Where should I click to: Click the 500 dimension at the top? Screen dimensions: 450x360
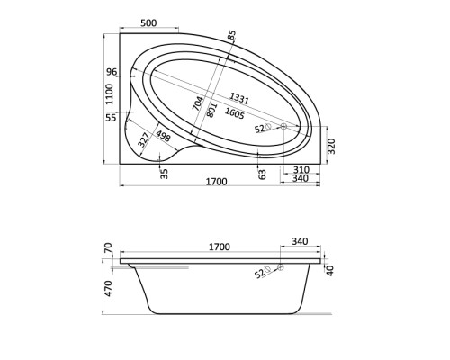click(x=148, y=22)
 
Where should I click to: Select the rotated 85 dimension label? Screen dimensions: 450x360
click(x=231, y=35)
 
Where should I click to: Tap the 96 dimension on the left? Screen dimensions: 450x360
click(x=112, y=72)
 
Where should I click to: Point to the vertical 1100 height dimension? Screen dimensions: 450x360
click(x=110, y=94)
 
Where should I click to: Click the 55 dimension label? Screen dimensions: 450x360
click(x=111, y=118)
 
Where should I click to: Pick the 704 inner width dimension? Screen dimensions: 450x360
click(x=198, y=103)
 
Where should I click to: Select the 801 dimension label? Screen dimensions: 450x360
click(x=211, y=110)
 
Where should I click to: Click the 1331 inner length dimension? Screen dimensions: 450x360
click(x=239, y=98)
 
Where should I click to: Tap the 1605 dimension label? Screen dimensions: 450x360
click(x=235, y=113)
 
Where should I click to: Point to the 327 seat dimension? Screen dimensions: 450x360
click(x=143, y=139)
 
